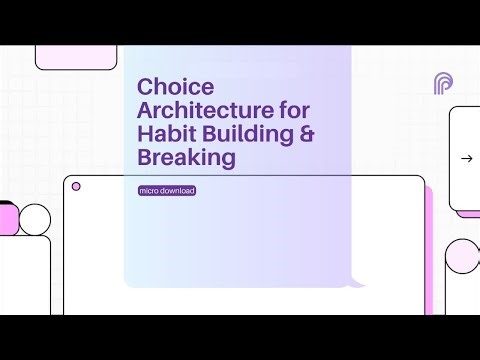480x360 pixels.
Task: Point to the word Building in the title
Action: coord(239,134)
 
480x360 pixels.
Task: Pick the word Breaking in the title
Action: coord(186,158)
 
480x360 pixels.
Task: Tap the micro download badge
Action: coord(168,190)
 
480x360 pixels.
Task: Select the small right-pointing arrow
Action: coord(466,158)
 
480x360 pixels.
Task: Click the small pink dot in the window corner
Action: coord(76,186)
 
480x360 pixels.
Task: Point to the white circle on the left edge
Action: coord(35,219)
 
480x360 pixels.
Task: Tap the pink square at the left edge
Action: coord(7,216)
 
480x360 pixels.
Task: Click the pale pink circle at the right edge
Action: coord(463,256)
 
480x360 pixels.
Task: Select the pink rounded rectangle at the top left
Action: coord(62,58)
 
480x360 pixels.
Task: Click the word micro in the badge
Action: coord(151,190)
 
